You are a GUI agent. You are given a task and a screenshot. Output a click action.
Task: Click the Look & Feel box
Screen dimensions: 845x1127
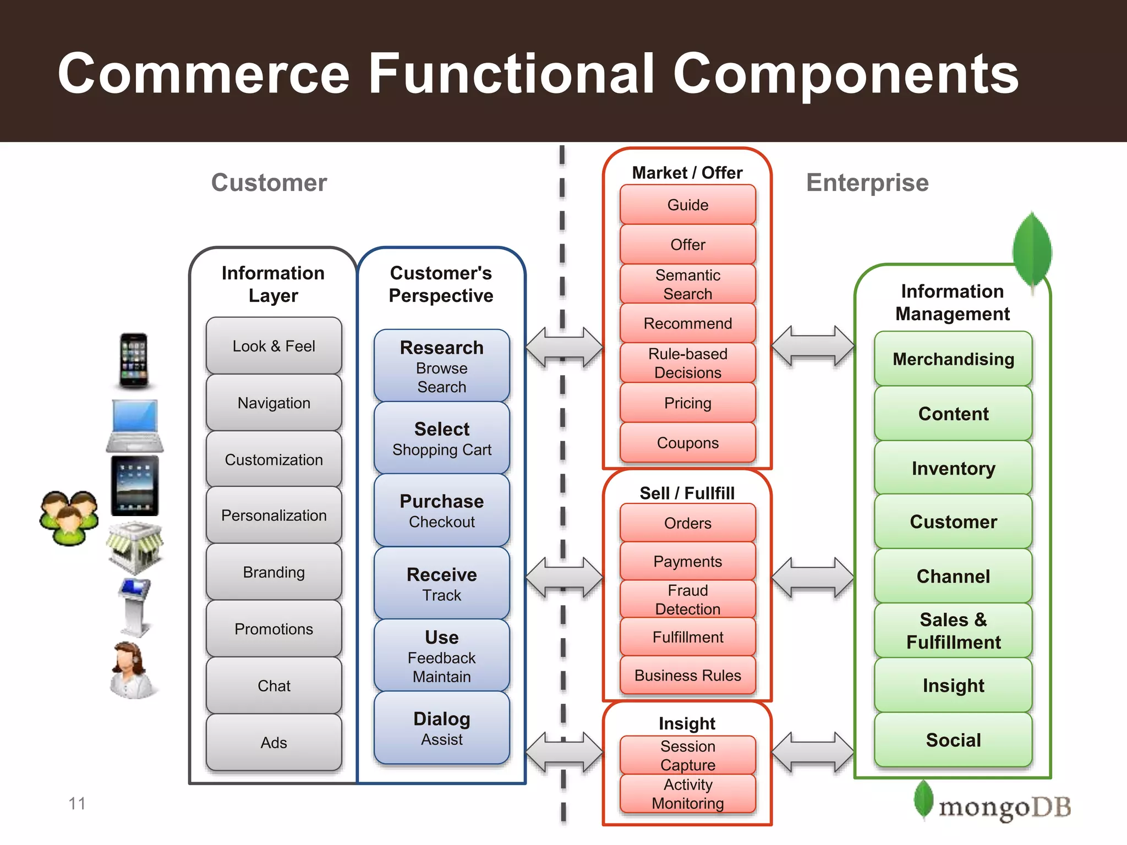pyautogui.click(x=273, y=346)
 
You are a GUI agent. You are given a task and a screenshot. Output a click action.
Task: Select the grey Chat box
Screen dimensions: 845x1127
pyautogui.click(x=273, y=685)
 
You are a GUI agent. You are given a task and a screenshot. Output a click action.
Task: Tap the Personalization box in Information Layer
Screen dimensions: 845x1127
pyautogui.click(x=273, y=515)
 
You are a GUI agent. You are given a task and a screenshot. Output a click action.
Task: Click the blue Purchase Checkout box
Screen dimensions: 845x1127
pyautogui.click(x=441, y=511)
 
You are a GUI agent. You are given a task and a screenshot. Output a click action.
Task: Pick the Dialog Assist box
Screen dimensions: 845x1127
pyautogui.click(x=441, y=728)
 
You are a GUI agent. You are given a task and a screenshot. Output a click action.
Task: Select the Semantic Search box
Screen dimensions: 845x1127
pyautogui.click(x=687, y=284)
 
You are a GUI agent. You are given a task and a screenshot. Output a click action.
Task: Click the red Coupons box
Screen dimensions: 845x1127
pyautogui.click(x=687, y=443)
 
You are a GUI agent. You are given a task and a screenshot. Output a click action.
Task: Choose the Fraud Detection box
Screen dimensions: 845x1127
pyautogui.click(x=687, y=599)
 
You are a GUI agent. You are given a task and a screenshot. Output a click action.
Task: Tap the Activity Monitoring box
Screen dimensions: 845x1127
pyautogui.click(x=687, y=793)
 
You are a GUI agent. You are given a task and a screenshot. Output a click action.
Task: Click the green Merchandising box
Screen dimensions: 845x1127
pyautogui.click(x=953, y=359)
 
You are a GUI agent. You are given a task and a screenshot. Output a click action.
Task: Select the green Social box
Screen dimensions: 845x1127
pyautogui.click(x=953, y=740)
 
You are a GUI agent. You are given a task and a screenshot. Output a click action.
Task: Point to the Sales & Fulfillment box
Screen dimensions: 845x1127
pyautogui.click(x=953, y=630)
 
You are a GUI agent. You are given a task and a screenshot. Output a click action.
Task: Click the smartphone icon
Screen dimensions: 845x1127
pyautogui.click(x=134, y=360)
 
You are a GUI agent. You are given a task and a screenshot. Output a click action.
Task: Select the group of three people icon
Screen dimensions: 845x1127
pyautogui.click(x=69, y=518)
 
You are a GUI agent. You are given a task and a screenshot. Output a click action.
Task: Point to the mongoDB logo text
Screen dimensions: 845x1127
pyautogui.click(x=1004, y=807)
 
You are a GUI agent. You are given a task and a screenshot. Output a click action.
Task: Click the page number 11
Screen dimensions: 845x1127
pyautogui.click(x=77, y=803)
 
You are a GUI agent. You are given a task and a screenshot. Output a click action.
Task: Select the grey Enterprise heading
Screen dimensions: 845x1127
pyautogui.click(x=867, y=183)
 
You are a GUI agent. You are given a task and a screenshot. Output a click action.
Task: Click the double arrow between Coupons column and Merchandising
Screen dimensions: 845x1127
pyautogui.click(x=813, y=346)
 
